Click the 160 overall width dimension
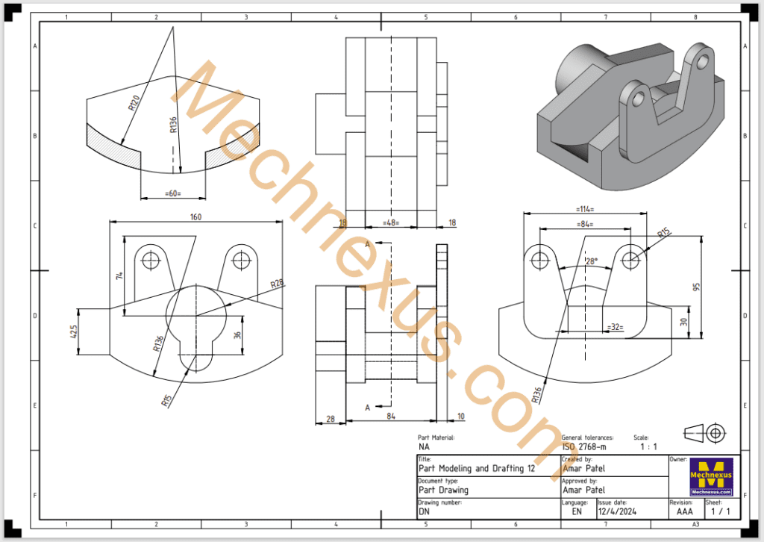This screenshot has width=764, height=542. coord(196,217)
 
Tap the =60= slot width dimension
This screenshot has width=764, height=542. coord(172,194)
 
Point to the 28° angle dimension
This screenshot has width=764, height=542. coord(591,262)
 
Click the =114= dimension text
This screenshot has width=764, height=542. coord(586,210)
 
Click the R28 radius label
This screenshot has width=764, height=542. coord(277,284)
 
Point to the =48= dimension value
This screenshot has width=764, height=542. coord(390,222)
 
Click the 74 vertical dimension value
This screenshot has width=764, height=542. coord(119,275)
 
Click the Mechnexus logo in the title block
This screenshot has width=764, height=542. coord(711,477)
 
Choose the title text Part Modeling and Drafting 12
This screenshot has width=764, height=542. coord(476,469)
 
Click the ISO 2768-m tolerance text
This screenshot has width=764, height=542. coord(583,446)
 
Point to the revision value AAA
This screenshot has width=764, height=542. coord(685,512)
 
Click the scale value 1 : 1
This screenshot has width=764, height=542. coord(649,446)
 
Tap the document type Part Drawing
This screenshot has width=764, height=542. coord(443,490)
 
